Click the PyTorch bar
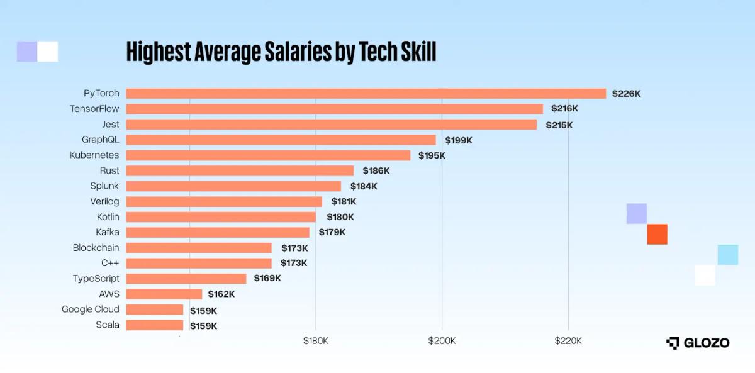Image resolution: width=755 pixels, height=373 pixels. point(366,94)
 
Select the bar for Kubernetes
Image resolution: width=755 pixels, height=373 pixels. point(268,155)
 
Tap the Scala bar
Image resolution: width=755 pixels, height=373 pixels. point(155,325)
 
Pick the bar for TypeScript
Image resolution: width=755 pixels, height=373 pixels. point(186,279)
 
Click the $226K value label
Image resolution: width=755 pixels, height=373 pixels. point(626,94)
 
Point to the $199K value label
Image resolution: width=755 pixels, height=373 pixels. point(459,140)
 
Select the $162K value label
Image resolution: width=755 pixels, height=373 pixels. point(221,294)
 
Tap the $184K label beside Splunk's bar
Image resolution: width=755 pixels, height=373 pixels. point(364,186)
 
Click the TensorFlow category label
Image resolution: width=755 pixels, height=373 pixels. point(94,109)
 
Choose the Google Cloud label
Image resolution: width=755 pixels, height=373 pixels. point(91,309)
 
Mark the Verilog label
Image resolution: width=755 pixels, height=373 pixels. point(104,201)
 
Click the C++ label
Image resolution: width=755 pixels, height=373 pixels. point(109,263)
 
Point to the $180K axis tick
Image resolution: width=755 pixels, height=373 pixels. point(315,341)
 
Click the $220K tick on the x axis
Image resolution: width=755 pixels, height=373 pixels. point(568,341)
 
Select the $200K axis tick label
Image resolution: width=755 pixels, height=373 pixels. point(442,341)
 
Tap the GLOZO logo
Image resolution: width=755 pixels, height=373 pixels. point(698,343)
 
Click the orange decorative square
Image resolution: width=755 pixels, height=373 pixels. point(657,234)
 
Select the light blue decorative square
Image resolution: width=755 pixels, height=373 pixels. point(727,255)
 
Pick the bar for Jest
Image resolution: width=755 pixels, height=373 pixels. point(332,125)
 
